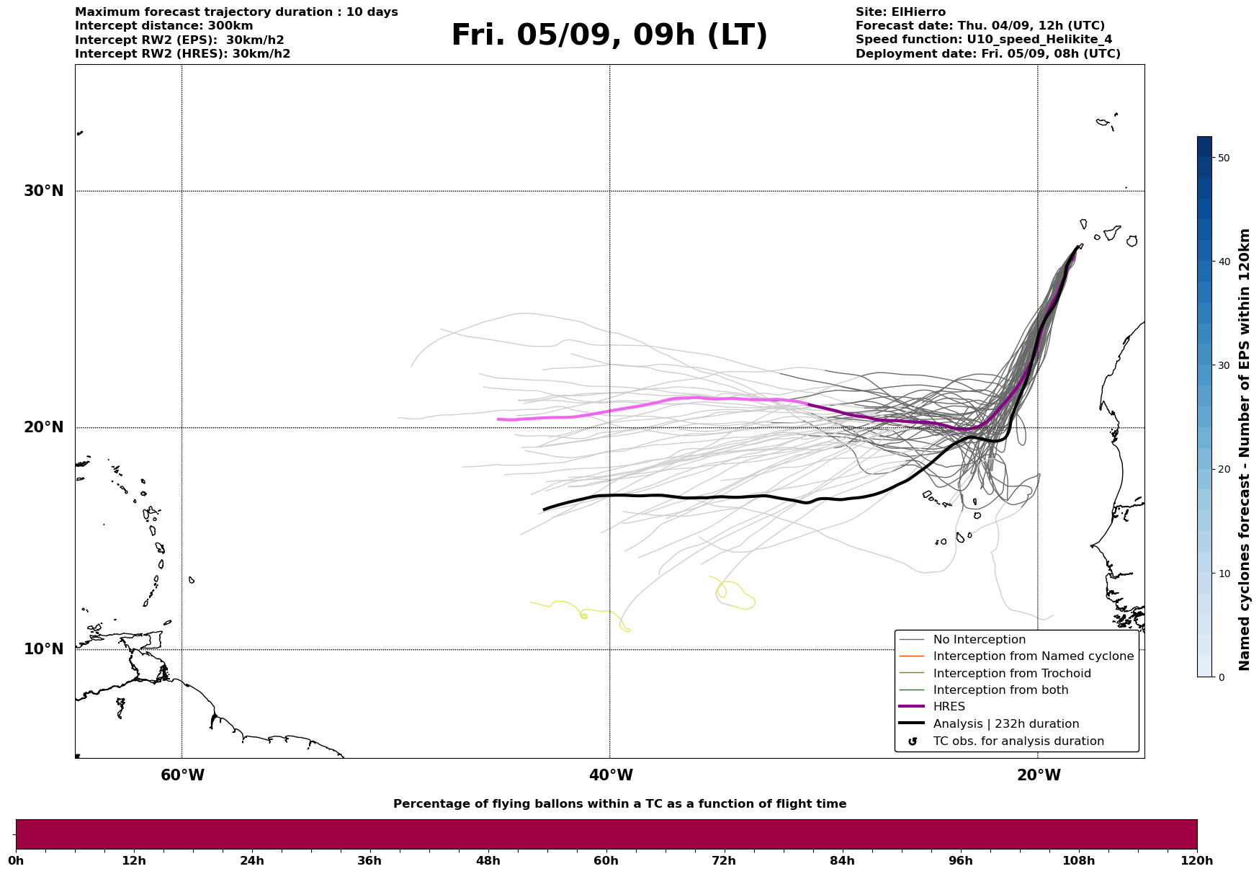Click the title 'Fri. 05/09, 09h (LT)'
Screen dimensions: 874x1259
coord(609,35)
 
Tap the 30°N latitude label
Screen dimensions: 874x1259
coord(44,191)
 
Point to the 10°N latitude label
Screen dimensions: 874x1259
coord(44,649)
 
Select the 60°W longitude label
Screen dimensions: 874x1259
coord(182,775)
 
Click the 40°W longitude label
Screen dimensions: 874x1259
coord(611,775)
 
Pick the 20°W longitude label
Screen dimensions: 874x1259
coord(1039,775)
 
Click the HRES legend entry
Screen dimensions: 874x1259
coord(949,707)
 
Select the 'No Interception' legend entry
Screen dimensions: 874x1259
coord(979,640)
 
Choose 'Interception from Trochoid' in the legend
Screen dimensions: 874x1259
coord(1011,674)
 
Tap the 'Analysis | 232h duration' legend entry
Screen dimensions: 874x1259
coord(1005,724)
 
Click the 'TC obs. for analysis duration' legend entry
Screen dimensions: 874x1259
coord(1018,741)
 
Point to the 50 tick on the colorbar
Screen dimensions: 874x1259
coord(1223,158)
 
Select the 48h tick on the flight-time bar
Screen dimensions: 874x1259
coord(488,860)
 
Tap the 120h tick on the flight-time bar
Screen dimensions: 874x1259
coord(1197,860)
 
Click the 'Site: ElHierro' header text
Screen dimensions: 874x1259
coord(900,12)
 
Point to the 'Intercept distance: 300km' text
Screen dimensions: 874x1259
coord(164,26)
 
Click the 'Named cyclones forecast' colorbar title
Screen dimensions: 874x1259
coord(1245,450)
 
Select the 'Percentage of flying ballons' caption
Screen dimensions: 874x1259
coord(619,804)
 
